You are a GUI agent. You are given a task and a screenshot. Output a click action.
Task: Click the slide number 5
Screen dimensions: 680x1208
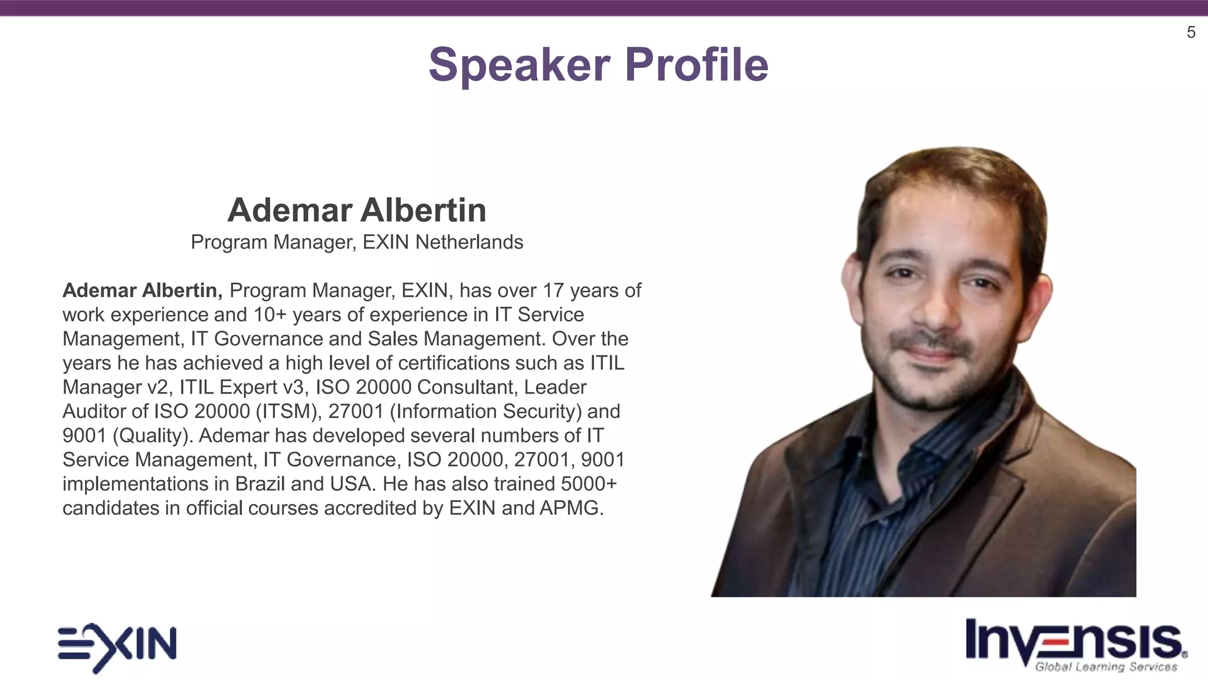(x=1191, y=32)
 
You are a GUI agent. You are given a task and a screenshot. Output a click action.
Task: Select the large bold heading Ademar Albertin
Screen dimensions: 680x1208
(x=357, y=210)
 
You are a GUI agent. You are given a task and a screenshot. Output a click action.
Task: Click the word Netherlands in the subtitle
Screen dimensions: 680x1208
(x=469, y=242)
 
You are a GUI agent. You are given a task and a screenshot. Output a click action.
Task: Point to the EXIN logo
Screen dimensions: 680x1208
(x=117, y=647)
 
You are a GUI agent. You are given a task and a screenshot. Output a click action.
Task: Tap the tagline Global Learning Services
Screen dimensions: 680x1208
(x=1106, y=667)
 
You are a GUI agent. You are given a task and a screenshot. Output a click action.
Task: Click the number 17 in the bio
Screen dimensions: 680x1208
(x=553, y=290)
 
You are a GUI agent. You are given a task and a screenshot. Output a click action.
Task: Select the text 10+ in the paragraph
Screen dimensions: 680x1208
(x=270, y=315)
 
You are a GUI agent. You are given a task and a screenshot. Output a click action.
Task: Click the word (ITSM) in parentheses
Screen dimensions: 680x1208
(x=288, y=411)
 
